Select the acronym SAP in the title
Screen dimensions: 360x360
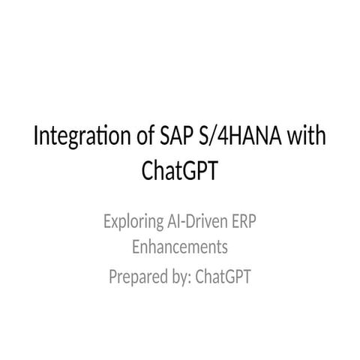(x=178, y=139)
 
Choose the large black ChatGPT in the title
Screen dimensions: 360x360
(x=180, y=171)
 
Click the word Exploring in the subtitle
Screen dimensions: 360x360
(x=133, y=222)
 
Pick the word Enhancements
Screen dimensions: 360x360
(x=180, y=246)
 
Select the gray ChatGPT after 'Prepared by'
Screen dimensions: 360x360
(x=223, y=278)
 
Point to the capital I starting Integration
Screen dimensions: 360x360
(x=38, y=139)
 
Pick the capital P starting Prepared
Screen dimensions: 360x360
(x=113, y=277)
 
